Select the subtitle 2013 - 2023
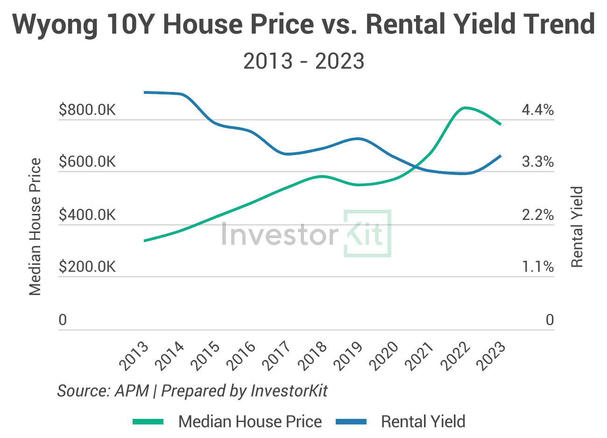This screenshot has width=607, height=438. (x=303, y=61)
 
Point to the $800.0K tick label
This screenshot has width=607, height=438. (x=87, y=110)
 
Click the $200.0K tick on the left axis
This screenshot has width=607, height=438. (x=87, y=267)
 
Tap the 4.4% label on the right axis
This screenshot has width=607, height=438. (x=537, y=110)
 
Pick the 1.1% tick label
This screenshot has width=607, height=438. (x=537, y=267)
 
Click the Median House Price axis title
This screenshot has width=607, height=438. (x=35, y=226)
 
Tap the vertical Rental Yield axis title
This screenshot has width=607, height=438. (x=578, y=227)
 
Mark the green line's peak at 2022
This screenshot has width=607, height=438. (x=464, y=108)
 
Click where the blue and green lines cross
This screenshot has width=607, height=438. (x=414, y=165)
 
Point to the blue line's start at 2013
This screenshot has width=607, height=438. (x=145, y=92)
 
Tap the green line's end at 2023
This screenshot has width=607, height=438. (x=501, y=124)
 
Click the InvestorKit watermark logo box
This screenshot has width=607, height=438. (x=367, y=233)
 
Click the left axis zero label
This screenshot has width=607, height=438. (x=63, y=320)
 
